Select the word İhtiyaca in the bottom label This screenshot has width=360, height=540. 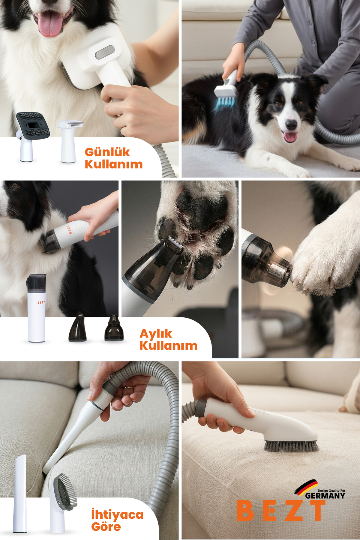pyautogui.click(x=117, y=514)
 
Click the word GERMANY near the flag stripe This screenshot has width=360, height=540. pyautogui.click(x=325, y=496)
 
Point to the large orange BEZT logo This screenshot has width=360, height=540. pyautogui.click(x=281, y=511)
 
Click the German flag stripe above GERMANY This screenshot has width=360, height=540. pyautogui.click(x=306, y=487)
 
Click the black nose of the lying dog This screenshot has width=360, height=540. pyautogui.click(x=291, y=124)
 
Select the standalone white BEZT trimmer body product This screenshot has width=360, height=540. pyautogui.click(x=36, y=308)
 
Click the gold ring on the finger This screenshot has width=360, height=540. pyautogui.click(x=129, y=387)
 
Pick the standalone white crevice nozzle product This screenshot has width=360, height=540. pyautogui.click(x=20, y=493)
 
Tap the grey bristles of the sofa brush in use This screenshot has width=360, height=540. pyautogui.click(x=291, y=446)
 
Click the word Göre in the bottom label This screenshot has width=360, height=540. pyautogui.click(x=106, y=526)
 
